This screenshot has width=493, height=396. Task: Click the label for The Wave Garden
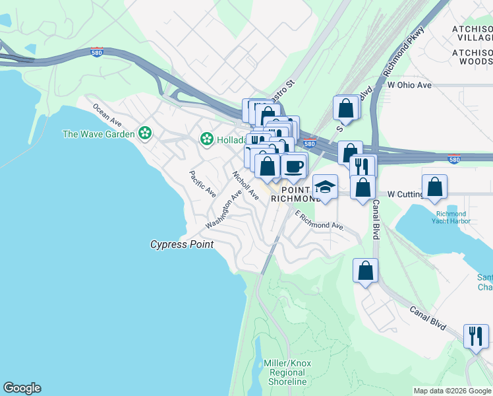click(x=98, y=134)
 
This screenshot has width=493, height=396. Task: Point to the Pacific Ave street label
click(x=202, y=184)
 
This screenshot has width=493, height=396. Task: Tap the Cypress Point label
click(x=182, y=245)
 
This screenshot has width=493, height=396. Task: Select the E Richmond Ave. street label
click(x=320, y=220)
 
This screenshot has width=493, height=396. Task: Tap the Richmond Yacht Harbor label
click(x=451, y=218)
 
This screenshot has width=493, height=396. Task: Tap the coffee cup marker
click(x=294, y=165)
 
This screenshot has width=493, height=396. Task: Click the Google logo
click(x=22, y=388)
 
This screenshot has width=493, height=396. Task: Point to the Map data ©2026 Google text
click(x=451, y=391)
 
